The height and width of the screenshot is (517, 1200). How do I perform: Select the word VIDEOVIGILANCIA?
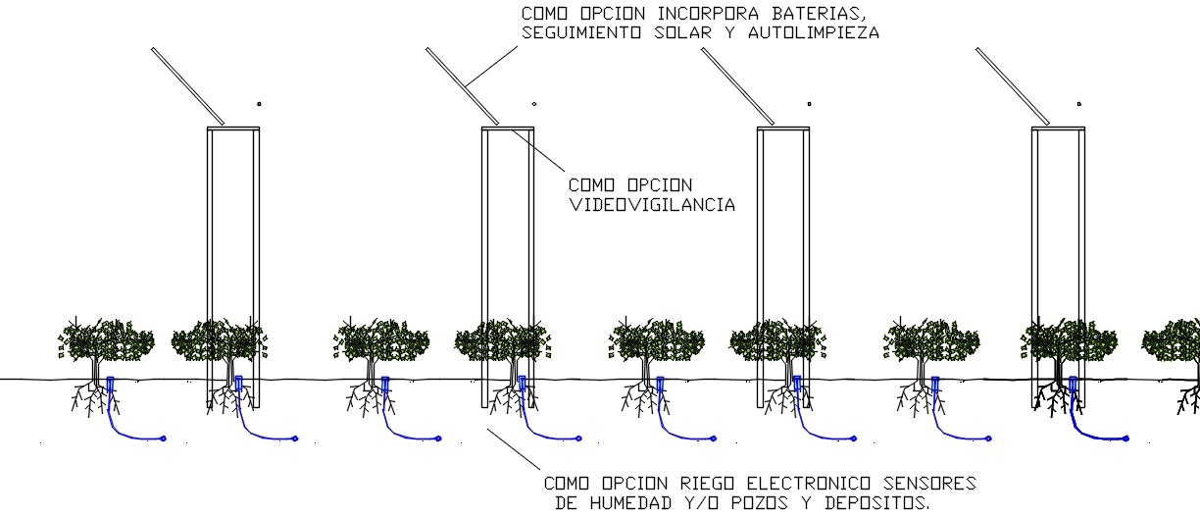pos(652,205)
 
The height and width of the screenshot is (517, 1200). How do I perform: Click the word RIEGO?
pos(705,484)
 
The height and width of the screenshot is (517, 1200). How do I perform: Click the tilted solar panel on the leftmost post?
pos(187,86)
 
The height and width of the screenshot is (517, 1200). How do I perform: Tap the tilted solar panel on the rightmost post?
pos(1013,86)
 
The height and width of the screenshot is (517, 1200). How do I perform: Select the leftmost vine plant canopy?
pos(106,338)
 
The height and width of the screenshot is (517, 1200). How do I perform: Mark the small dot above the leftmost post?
pos(259,103)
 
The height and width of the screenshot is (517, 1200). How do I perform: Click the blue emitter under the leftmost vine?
pos(111,385)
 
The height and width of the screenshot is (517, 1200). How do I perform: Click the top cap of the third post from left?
pos(783,128)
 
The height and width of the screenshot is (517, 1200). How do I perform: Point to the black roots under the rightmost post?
pos(1057,397)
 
